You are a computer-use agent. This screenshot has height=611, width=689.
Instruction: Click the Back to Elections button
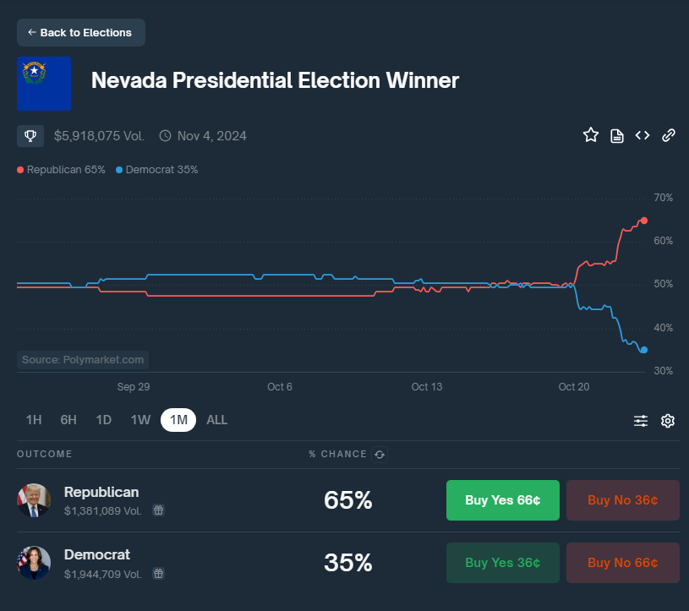[x=80, y=32]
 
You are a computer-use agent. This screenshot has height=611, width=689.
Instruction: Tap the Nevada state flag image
[x=43, y=83]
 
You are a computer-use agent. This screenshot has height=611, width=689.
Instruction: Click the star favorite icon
[x=591, y=135]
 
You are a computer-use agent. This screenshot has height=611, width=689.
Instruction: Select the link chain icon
[x=668, y=135]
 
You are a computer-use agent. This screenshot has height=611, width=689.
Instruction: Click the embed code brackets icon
[x=643, y=135]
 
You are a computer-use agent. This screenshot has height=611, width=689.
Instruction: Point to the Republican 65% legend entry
[x=62, y=170]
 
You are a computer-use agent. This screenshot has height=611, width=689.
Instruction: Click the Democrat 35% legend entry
[x=157, y=170]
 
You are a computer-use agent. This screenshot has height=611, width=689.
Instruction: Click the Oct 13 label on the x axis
[x=426, y=387]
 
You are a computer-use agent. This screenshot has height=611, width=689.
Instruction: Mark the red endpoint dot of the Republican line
[x=644, y=221]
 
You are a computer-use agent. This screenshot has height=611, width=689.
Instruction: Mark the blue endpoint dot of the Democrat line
[x=644, y=350]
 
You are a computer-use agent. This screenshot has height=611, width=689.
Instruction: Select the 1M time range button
[x=178, y=420]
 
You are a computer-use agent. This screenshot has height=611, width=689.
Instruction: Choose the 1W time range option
[x=140, y=420]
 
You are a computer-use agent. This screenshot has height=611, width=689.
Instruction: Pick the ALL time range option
[x=216, y=420]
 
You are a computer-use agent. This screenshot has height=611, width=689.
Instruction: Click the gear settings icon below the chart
[x=668, y=421]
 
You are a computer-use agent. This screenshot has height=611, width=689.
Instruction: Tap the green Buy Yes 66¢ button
[x=502, y=499]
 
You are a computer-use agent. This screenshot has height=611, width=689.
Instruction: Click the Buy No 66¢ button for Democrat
[x=622, y=562]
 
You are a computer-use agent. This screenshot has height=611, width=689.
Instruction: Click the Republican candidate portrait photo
[x=34, y=500]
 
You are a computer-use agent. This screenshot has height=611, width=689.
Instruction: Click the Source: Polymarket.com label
[x=83, y=360]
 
